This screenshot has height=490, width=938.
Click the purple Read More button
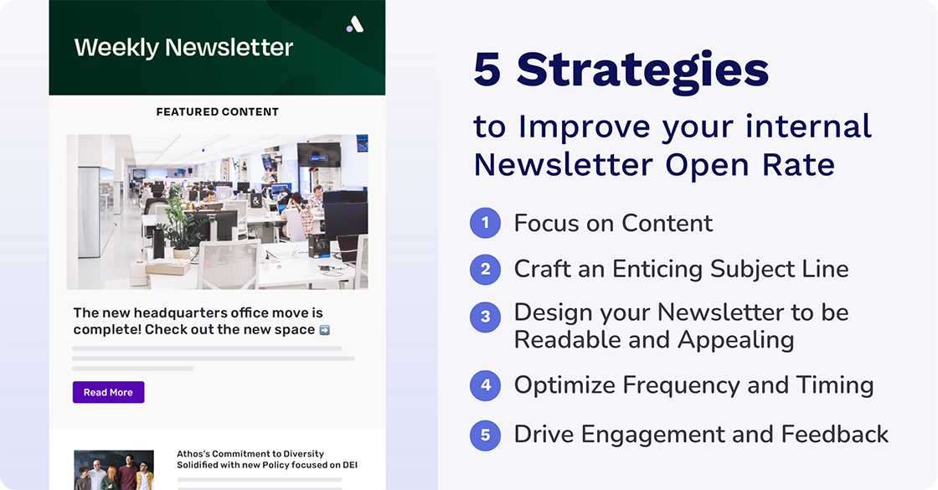(108, 392)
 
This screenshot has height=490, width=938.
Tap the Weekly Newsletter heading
(183, 47)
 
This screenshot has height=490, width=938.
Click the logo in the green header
(355, 24)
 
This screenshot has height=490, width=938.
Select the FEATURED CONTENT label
(217, 111)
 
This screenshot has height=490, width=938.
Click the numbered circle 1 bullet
(485, 224)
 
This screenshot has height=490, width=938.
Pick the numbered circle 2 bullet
(485, 269)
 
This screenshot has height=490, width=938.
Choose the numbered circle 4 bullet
(485, 385)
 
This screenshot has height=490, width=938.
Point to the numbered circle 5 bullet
(485, 435)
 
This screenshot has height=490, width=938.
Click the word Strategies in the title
(642, 70)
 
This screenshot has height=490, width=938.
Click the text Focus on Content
(613, 224)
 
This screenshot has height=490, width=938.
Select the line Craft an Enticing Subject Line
(681, 269)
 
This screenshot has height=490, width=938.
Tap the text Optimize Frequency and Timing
(693, 385)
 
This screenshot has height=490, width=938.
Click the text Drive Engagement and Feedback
(701, 435)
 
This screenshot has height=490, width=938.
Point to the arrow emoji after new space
(325, 330)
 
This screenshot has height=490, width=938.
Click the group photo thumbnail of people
(114, 470)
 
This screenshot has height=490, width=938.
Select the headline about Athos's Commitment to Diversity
(266, 459)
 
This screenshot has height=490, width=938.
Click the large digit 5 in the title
(487, 70)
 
